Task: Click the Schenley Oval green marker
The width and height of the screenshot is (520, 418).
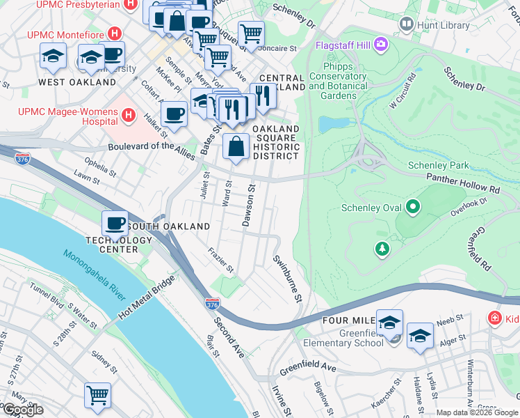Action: pos(413,207)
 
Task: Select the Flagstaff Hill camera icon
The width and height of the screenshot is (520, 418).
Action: pos(380,45)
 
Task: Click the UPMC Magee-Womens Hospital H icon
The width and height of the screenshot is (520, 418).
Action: pos(129,114)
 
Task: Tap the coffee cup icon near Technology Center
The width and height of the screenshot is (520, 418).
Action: pos(115,223)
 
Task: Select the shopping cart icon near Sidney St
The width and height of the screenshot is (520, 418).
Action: pos(97,394)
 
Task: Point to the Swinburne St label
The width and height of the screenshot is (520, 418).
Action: pos(288,279)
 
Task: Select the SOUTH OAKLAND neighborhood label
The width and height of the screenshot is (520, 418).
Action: pos(168,226)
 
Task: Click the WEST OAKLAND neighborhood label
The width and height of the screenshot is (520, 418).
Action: pos(77,82)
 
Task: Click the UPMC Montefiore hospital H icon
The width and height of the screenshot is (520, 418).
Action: pos(115,34)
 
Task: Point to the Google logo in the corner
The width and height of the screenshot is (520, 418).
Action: pos(23,410)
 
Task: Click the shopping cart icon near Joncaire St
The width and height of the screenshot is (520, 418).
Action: pos(251,33)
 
